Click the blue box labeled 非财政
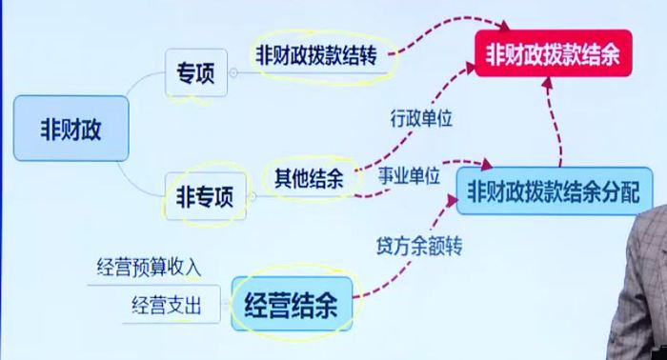pyautogui.click(x=71, y=128)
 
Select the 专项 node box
pyautogui.click(x=196, y=72)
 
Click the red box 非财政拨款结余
pyautogui.click(x=552, y=54)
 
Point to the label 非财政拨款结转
pyautogui.click(x=315, y=54)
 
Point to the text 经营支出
pyautogui.click(x=171, y=305)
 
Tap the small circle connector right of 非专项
pyautogui.click(x=251, y=199)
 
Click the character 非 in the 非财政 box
pyautogui.click(x=49, y=128)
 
